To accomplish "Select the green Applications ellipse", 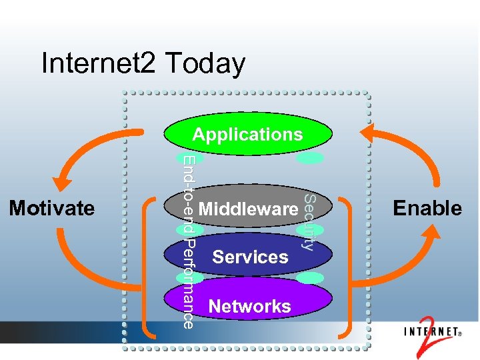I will click(x=248, y=134).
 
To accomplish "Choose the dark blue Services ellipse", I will click(x=250, y=257).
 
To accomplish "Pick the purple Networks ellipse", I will click(x=250, y=306).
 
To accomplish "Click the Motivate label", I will click(x=51, y=208).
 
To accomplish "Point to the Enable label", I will click(x=427, y=208).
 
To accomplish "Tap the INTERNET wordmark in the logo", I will click(x=430, y=331).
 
